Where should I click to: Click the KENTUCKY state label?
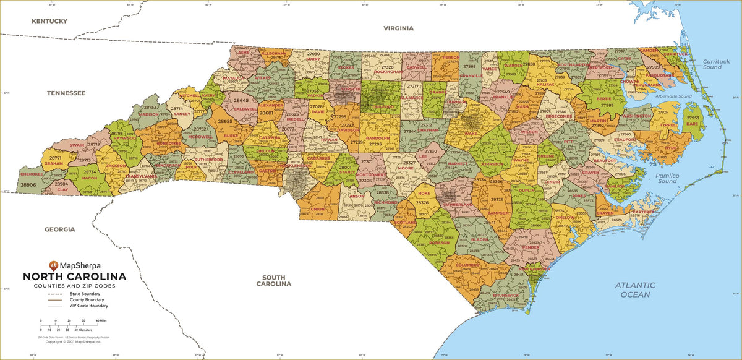pos(49,21)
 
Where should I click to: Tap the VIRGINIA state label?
pos(398,28)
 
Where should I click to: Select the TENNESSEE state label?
pos(66,93)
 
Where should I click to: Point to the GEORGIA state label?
pos(59,229)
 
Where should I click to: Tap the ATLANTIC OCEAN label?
pos(635,289)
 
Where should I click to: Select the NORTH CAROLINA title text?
pos(74,276)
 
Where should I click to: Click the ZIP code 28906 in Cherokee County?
pos(28,185)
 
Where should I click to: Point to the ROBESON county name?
pos(439,242)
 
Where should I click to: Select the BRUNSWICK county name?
pos(506,295)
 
